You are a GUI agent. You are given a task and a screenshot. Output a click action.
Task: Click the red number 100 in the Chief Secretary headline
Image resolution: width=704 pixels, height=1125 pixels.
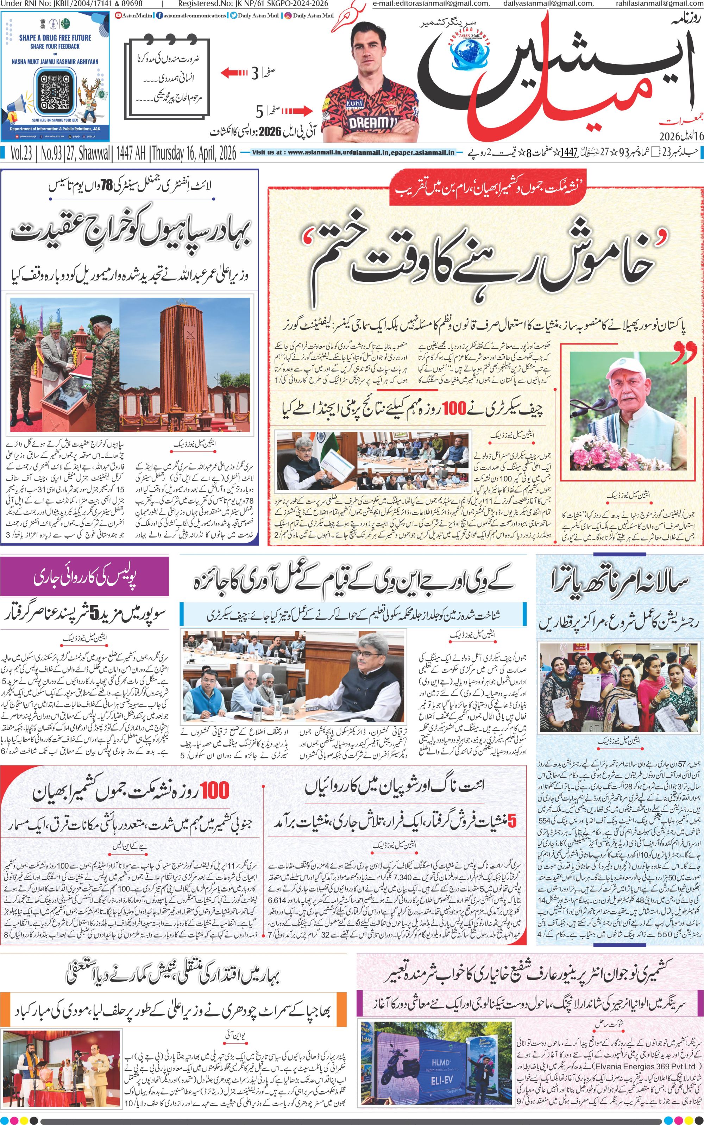454,409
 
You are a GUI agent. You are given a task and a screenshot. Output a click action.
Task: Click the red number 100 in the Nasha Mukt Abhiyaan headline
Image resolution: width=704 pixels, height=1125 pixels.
215,790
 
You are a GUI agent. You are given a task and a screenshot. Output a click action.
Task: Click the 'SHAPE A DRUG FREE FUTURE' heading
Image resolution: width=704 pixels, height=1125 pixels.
55,38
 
